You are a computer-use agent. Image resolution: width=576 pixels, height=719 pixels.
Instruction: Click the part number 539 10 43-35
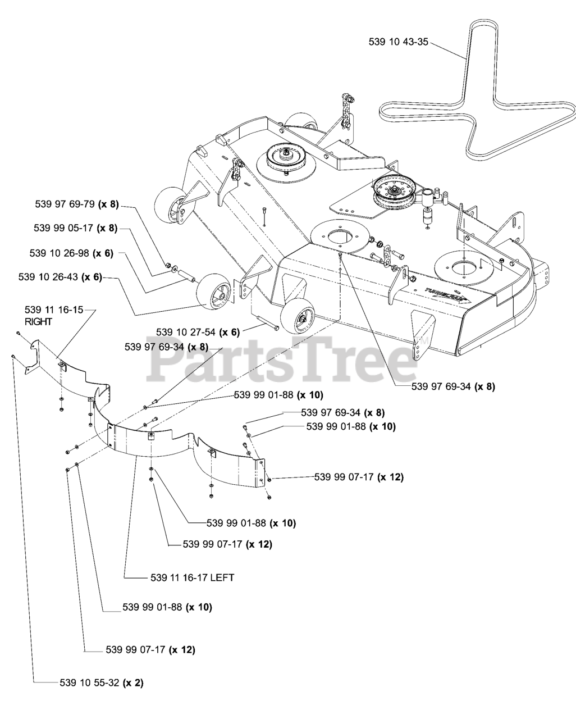[x=399, y=42]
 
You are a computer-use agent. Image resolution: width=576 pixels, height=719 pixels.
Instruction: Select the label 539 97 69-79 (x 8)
[x=77, y=204]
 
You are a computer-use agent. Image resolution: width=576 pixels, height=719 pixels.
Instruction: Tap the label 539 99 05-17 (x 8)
[x=75, y=228]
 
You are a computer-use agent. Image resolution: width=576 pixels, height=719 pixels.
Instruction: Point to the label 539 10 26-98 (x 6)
[x=71, y=253]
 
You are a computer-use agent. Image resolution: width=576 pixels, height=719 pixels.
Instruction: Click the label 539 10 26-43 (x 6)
[x=60, y=277]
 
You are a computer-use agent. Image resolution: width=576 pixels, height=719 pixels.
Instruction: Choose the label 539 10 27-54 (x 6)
[x=198, y=332]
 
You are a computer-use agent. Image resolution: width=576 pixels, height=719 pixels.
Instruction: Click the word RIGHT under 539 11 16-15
[x=38, y=322]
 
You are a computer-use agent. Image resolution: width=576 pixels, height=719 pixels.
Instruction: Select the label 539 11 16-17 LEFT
[x=193, y=577]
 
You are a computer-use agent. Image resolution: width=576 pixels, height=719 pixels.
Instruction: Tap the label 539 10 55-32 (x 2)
[x=102, y=683]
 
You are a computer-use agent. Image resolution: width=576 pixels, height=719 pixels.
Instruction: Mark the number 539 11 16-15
[x=54, y=310]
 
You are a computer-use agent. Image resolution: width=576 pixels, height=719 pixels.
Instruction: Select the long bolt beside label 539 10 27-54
[x=268, y=324]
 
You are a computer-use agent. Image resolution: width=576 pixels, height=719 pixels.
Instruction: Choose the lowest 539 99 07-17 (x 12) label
[x=150, y=650]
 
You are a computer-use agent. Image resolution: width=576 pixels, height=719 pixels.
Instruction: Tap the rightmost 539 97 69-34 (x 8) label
[x=453, y=386]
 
